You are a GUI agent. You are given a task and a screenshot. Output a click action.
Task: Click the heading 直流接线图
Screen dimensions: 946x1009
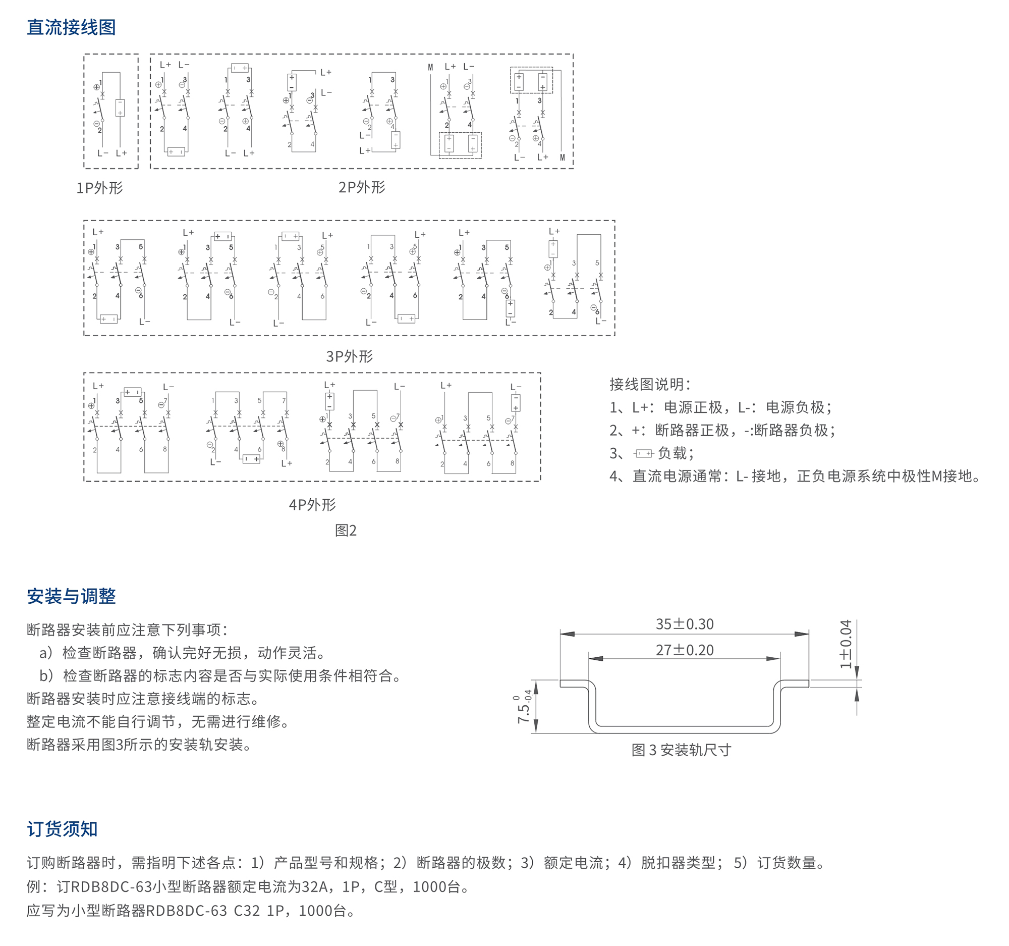pos(71,27)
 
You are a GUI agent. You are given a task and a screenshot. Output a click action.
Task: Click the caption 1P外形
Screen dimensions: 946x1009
pos(99,188)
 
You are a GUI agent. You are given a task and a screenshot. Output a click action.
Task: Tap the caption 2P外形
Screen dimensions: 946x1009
pos(362,187)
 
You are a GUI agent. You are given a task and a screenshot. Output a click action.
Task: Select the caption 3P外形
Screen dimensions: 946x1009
pos(349,356)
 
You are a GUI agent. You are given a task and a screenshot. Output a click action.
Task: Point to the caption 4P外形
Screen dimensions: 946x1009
pos(312,505)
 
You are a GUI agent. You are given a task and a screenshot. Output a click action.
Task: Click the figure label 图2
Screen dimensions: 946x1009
pos(346,531)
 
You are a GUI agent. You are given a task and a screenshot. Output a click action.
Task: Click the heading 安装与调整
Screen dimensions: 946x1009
pos(71,596)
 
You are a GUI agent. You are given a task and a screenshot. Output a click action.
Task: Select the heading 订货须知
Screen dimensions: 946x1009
pos(62,829)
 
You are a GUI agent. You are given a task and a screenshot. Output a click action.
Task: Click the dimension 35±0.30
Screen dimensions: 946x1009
pos(684,624)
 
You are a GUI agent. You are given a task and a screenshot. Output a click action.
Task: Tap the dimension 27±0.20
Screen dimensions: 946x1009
pos(684,650)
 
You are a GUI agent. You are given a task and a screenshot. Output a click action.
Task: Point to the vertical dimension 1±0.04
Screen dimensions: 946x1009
pos(846,644)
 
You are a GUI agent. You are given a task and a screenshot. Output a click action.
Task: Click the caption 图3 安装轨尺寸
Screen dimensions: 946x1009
pos(681,750)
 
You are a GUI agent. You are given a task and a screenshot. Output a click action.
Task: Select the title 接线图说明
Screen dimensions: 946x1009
pos(650,384)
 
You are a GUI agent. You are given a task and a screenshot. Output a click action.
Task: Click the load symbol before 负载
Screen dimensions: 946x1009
pos(644,453)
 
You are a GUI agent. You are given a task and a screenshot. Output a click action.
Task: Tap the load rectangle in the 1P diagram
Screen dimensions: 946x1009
pos(120,108)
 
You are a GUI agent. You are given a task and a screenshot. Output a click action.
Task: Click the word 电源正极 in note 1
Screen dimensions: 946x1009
pos(693,407)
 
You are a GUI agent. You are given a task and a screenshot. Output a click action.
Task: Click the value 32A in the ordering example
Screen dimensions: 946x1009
pos(315,887)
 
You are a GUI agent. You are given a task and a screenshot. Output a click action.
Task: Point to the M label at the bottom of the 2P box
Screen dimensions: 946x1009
pos(563,158)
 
